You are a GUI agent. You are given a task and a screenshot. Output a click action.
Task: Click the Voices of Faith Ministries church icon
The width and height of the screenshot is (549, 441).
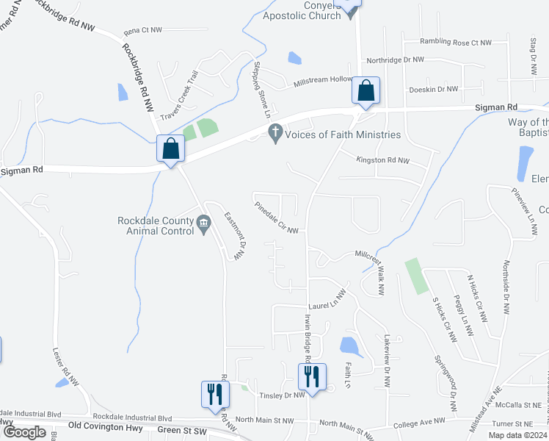click(x=275, y=134)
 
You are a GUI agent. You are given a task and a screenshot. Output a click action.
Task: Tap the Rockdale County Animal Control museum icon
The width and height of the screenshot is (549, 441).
click(x=203, y=220)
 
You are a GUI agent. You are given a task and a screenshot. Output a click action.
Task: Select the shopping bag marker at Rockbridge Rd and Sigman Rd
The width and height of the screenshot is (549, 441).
click(x=170, y=149)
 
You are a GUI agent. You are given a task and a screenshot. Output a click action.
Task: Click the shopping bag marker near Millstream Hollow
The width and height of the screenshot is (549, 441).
click(x=366, y=90)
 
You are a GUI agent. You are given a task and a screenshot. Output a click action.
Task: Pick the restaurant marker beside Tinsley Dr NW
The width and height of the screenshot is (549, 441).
click(x=310, y=378)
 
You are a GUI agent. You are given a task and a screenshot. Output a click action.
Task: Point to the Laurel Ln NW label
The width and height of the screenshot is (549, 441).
click(x=327, y=303)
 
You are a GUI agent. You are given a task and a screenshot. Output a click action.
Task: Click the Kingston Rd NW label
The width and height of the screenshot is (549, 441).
click(x=384, y=159)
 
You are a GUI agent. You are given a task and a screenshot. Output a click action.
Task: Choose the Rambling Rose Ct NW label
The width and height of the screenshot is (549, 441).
click(x=454, y=42)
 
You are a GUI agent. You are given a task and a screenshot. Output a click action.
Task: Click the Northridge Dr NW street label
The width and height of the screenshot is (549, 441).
click(x=395, y=60)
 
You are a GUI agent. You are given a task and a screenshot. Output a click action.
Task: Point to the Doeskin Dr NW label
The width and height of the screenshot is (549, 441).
click(x=433, y=89)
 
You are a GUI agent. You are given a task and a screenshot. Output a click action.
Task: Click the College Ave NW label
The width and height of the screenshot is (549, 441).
click(x=419, y=421)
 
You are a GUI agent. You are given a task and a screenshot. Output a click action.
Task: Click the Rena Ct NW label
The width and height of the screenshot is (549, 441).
click(x=142, y=31)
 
